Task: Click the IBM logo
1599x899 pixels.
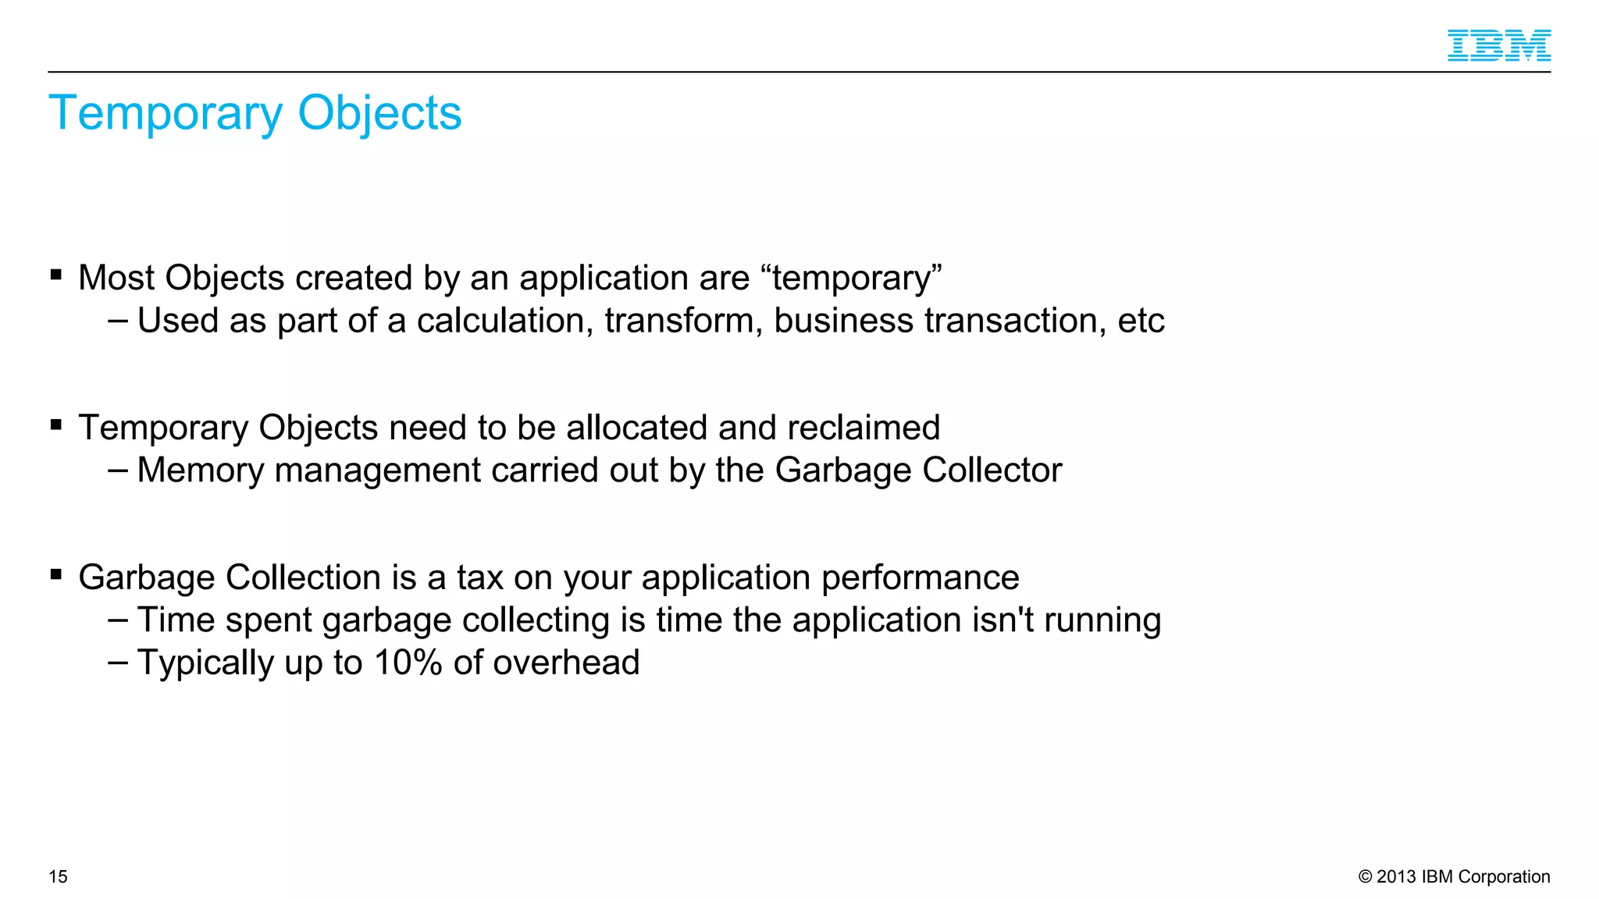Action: (x=1498, y=45)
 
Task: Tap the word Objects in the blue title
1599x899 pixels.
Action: (x=379, y=114)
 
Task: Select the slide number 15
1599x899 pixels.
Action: (x=59, y=876)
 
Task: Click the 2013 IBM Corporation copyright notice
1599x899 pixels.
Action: (x=1454, y=876)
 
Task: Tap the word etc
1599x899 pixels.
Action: (x=1141, y=321)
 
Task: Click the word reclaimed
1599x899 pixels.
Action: (x=864, y=428)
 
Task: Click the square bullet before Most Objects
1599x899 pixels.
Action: (x=56, y=275)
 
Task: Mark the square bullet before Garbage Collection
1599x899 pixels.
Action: (x=56, y=575)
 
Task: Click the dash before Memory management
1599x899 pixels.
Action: (x=118, y=470)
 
